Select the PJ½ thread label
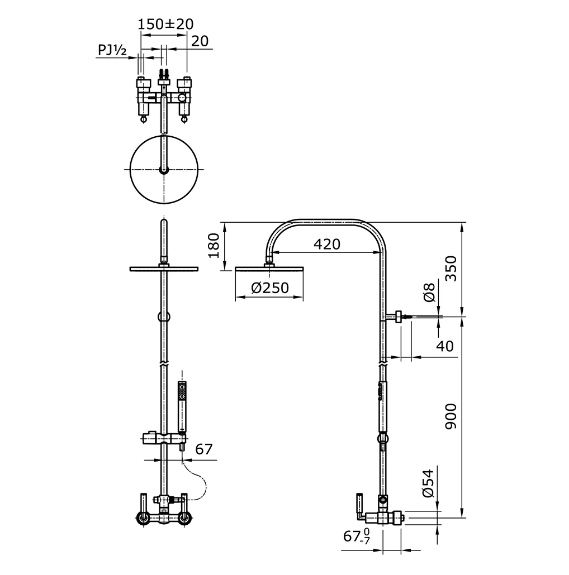[x=112, y=50]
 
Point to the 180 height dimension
[x=214, y=246]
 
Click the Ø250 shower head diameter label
[x=269, y=287]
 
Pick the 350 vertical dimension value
[x=451, y=269]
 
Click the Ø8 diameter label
[x=429, y=292]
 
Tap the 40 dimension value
[x=445, y=346]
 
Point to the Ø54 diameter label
[x=428, y=483]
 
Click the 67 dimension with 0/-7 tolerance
[x=356, y=537]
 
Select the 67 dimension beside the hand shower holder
[x=204, y=449]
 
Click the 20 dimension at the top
[x=200, y=41]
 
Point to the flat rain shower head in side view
[x=270, y=269]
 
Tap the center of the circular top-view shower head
[x=164, y=169]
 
